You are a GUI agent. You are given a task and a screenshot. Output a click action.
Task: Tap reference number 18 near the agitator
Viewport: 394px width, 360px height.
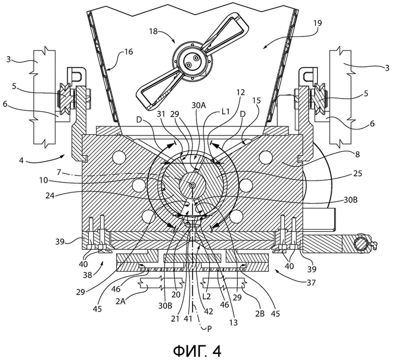153,31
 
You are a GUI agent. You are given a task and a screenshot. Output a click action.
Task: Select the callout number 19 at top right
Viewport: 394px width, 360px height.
318,23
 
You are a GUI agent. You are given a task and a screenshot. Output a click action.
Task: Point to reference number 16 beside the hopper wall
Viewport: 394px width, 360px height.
129,52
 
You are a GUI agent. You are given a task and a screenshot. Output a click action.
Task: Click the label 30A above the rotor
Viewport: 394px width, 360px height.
199,106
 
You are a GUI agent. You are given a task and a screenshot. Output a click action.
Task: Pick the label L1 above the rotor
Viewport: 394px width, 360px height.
226,111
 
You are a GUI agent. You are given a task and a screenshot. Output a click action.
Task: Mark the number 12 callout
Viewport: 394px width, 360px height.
240,93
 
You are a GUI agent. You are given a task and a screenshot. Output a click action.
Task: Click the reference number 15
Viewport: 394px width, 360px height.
257,101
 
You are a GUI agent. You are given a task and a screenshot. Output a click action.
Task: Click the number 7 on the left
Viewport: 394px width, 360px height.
59,172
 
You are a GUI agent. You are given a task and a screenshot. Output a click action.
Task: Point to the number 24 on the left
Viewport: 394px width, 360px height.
50,196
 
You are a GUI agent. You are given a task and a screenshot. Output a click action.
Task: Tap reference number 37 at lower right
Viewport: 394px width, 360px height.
311,283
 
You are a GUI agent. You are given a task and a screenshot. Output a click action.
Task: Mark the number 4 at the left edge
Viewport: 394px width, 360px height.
21,160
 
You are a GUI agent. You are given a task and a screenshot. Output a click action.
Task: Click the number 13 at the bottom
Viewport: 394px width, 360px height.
234,323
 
